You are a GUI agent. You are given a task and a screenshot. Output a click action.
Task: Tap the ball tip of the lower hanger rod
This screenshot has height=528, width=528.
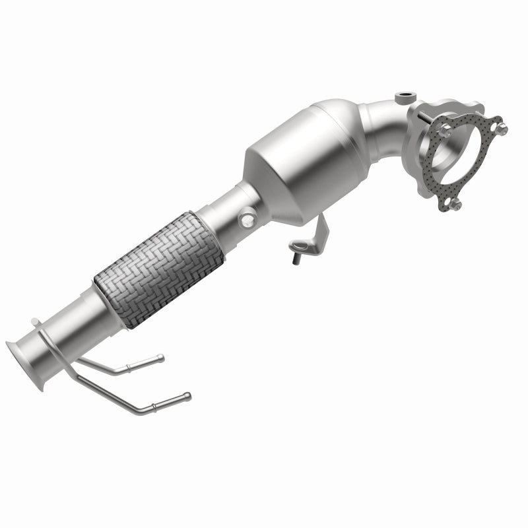(x=188, y=395)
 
